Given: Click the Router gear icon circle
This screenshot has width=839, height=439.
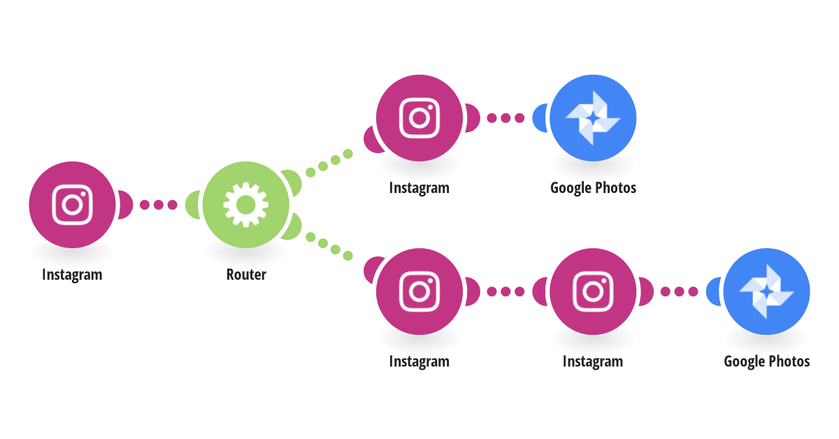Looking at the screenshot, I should pyautogui.click(x=246, y=205).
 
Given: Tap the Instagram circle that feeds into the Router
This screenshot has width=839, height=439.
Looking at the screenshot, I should pyautogui.click(x=72, y=205).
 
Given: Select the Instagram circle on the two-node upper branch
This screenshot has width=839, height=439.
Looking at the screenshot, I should pyautogui.click(x=419, y=117).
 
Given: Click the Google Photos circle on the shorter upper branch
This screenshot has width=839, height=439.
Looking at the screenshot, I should pyautogui.click(x=593, y=117).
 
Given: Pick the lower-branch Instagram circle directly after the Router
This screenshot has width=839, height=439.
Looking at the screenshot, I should pyautogui.click(x=419, y=291).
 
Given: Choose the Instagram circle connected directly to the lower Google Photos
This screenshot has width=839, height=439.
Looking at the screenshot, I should pyautogui.click(x=593, y=291).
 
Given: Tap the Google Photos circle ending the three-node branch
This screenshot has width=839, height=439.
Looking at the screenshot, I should pyautogui.click(x=766, y=291).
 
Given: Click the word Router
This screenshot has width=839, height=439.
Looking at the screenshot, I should pyautogui.click(x=246, y=275).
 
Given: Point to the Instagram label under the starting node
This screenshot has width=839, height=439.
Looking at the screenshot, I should pyautogui.click(x=72, y=275).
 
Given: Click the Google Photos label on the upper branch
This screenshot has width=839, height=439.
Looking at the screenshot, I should pyautogui.click(x=593, y=188).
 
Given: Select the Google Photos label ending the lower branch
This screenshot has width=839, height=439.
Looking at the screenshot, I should pyautogui.click(x=766, y=361).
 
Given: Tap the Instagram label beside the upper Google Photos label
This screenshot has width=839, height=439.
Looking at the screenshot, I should pyautogui.click(x=419, y=188).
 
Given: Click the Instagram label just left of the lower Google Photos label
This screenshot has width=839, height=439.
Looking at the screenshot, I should pyautogui.click(x=593, y=361).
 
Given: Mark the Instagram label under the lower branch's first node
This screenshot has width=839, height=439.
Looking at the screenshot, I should pyautogui.click(x=419, y=361).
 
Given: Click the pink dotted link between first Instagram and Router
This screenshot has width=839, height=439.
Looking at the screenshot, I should pyautogui.click(x=159, y=205).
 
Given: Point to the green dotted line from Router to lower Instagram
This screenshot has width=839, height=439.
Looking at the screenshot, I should pyautogui.click(x=329, y=246).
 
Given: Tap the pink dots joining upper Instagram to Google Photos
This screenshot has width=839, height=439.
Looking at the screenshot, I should pyautogui.click(x=505, y=117).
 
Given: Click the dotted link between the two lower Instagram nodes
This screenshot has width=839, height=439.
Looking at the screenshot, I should pyautogui.click(x=505, y=291).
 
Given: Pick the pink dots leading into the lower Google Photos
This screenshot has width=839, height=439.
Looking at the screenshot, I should pyautogui.click(x=679, y=291).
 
